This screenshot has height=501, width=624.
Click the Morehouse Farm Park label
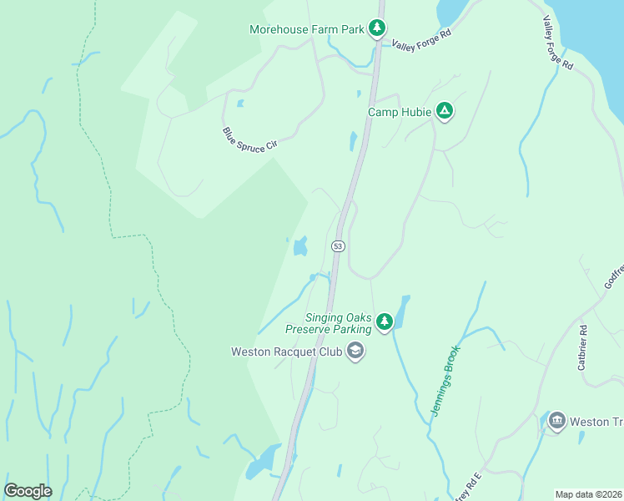tap(307, 29)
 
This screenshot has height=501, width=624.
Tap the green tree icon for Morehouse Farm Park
tap(377, 28)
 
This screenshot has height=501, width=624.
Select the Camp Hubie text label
tap(400, 112)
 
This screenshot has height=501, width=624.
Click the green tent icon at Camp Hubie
tap(445, 111)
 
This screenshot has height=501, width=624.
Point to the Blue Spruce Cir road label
tap(249, 139)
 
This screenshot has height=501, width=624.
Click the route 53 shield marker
tap(338, 245)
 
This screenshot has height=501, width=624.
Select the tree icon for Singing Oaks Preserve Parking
tap(384, 321)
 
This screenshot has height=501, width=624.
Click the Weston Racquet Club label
tap(286, 352)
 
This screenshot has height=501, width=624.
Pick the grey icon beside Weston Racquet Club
tap(355, 351)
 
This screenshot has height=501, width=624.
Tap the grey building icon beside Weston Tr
tap(556, 421)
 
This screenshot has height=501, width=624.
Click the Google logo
tap(28, 491)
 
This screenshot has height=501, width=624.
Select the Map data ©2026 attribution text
tap(588, 494)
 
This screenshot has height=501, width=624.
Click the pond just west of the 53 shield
tap(299, 246)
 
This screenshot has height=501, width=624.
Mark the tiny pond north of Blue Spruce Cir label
tap(240, 104)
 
